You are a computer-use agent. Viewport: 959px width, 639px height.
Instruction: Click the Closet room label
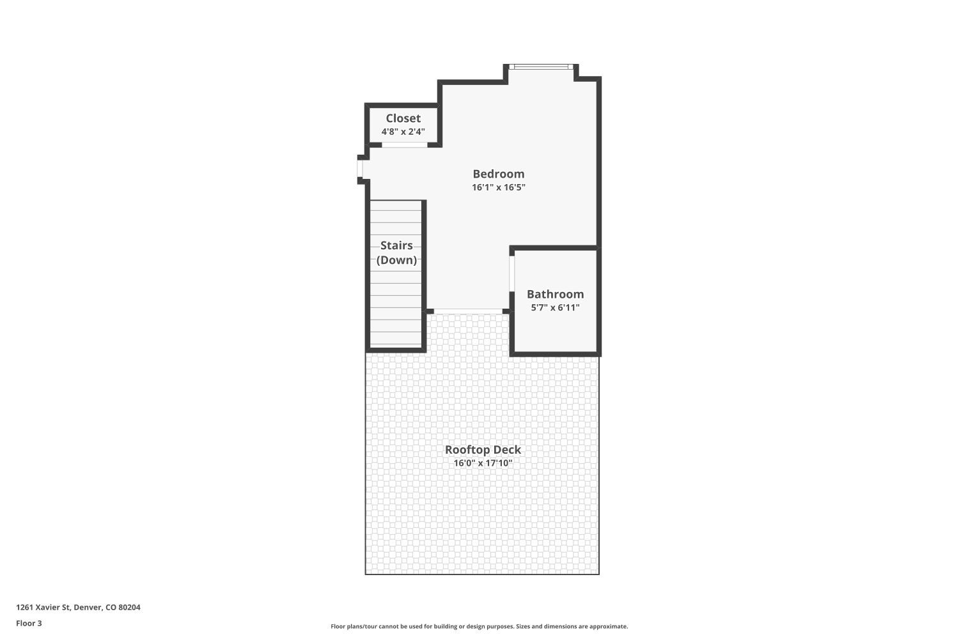coord(403,118)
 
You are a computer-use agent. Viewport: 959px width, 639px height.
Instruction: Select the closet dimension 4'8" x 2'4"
coord(403,132)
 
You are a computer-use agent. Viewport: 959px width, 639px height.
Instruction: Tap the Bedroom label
coord(498,174)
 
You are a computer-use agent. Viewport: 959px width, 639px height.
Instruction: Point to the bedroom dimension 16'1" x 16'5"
coord(498,187)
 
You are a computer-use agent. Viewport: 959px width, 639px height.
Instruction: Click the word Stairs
coord(396,245)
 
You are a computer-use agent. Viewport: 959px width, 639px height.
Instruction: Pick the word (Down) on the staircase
coord(396,260)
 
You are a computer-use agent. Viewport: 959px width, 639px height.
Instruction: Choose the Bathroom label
coord(556,294)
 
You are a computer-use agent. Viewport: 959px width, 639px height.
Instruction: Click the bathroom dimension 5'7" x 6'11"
coord(556,307)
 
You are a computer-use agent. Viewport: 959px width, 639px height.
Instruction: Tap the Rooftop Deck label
coord(483,449)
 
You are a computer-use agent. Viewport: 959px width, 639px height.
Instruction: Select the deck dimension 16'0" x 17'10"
coord(483,463)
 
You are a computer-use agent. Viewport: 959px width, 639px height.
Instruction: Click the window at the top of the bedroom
coord(541,66)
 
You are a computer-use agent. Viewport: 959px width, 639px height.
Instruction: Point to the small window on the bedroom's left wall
coord(360,169)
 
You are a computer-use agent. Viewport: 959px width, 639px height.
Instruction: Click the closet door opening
coord(405,144)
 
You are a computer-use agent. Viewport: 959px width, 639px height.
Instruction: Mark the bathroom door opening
coord(511,273)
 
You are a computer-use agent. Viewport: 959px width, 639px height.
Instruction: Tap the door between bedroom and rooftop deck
coord(468,311)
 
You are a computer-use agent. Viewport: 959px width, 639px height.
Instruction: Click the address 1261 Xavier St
coord(43,607)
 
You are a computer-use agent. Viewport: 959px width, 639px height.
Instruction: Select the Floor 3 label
coord(29,623)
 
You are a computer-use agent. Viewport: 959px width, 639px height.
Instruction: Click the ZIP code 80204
coord(129,607)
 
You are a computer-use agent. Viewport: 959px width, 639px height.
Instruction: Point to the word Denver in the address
coord(88,607)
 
